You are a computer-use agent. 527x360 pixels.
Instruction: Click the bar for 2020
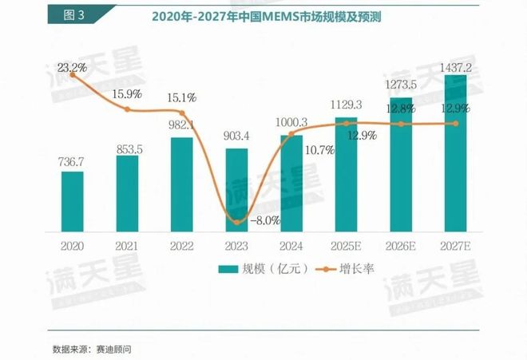click(x=73, y=200)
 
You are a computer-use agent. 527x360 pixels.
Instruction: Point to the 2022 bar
click(x=182, y=184)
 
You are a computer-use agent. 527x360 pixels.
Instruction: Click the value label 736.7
click(x=73, y=162)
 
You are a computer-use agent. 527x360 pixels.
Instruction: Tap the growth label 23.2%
click(x=67, y=69)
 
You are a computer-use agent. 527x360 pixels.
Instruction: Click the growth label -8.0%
click(x=265, y=218)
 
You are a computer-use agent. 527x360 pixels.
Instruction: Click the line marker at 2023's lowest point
click(x=236, y=222)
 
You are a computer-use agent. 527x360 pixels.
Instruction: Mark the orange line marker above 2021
click(x=127, y=109)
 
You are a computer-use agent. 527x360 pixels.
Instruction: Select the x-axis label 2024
click(x=291, y=247)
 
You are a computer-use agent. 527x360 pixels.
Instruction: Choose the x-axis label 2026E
click(x=401, y=247)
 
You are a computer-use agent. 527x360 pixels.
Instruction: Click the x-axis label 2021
click(x=127, y=247)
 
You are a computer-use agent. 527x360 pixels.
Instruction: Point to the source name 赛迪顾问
click(x=114, y=349)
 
